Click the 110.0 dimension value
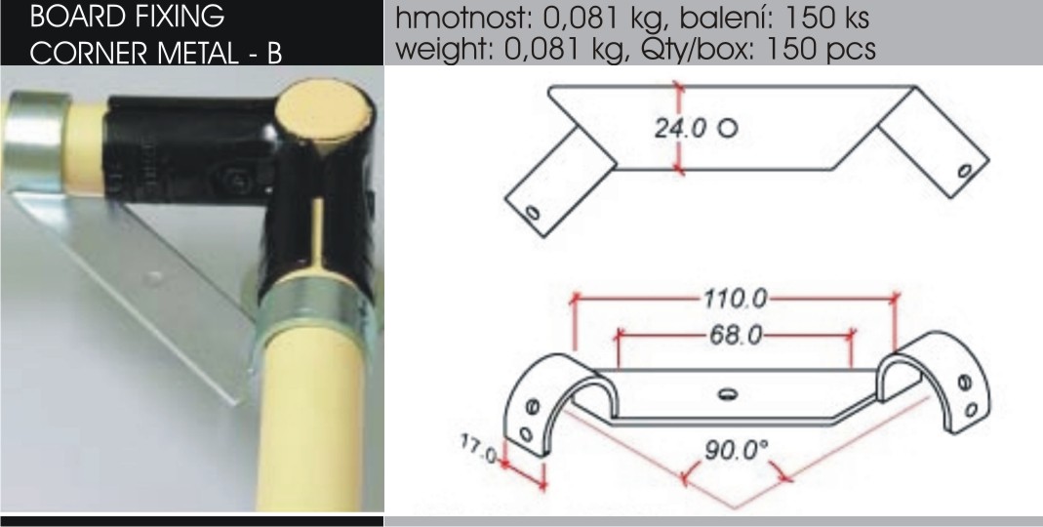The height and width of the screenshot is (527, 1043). tap(735, 299)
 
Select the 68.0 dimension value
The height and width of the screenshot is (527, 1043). tap(736, 335)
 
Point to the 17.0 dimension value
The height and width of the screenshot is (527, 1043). tap(478, 450)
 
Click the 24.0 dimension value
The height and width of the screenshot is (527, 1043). tap(680, 129)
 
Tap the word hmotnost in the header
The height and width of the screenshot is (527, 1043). tap(462, 18)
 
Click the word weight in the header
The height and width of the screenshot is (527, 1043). tap(444, 50)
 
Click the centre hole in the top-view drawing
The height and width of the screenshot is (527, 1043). tap(729, 128)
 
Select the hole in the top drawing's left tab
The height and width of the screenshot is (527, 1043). tap(532, 214)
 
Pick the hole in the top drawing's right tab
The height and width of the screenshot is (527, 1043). tap(965, 171)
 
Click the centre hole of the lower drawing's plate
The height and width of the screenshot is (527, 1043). tap(729, 394)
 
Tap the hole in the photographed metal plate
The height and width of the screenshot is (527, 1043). tap(153, 276)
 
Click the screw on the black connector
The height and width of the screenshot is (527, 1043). tap(235, 180)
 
